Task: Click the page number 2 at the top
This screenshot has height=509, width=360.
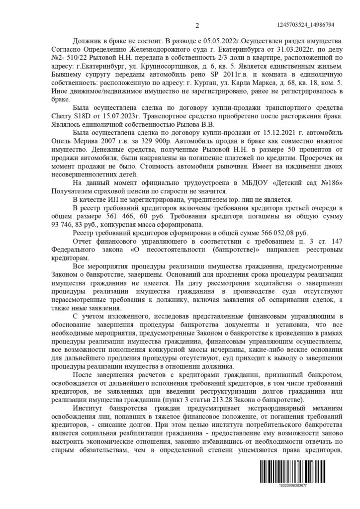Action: [197, 26]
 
